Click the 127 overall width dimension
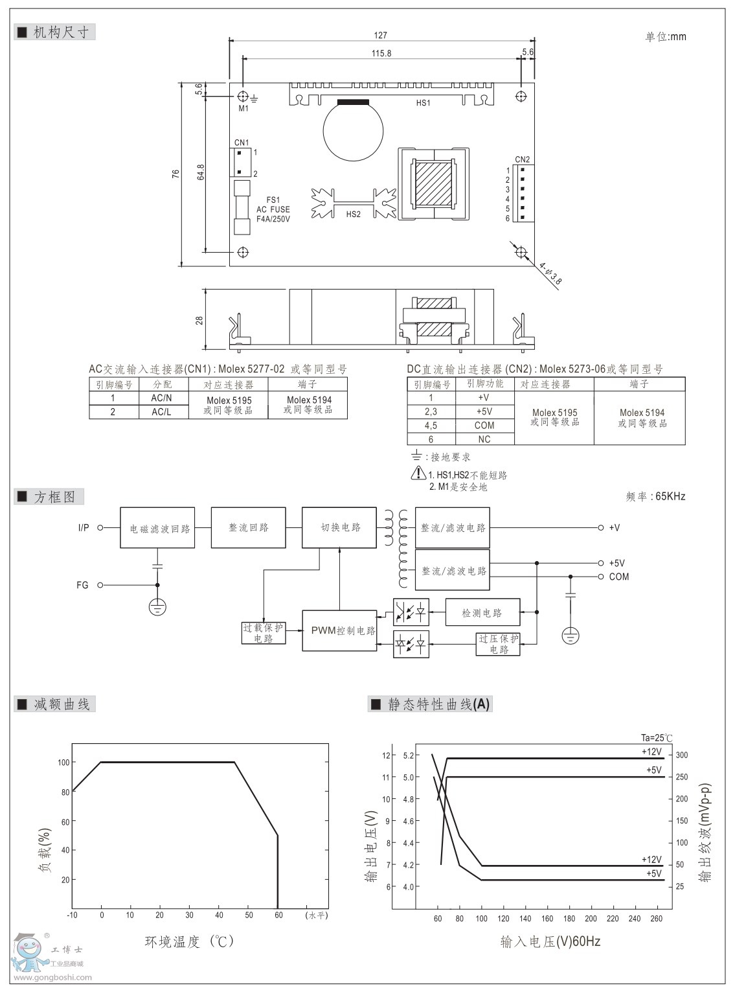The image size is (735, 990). [381, 36]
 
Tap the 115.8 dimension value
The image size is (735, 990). [381, 53]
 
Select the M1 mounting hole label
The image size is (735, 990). [243, 109]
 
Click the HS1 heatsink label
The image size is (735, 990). [423, 103]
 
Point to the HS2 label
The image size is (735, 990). [353, 214]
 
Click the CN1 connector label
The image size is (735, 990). [241, 143]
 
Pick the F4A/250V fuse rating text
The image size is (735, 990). [273, 219]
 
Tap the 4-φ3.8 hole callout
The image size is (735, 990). [550, 272]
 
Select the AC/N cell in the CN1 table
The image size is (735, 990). [162, 398]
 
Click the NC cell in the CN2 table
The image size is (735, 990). [484, 439]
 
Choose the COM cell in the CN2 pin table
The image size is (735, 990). [484, 426]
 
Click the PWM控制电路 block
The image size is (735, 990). [340, 630]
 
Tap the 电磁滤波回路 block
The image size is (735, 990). [157, 529]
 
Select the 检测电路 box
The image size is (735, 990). [482, 613]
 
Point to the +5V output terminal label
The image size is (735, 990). [616, 564]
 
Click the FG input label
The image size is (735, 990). [82, 585]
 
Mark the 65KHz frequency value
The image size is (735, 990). [670, 497]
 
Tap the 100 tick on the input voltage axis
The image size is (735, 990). [481, 919]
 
